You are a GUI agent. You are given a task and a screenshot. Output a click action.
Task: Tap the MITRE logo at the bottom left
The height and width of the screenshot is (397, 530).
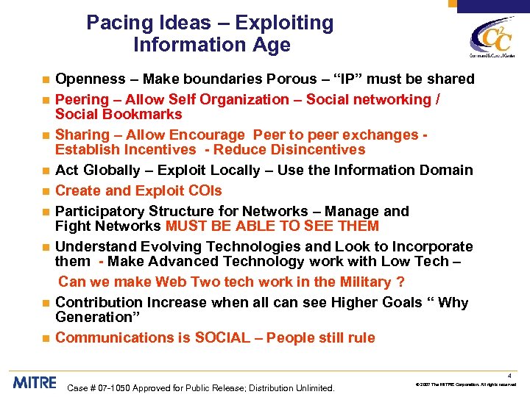pos(34,382)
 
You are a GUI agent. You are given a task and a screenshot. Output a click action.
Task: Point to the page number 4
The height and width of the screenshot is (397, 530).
pos(518,374)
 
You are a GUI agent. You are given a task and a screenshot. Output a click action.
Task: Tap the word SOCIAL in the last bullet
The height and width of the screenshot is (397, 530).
pos(222,337)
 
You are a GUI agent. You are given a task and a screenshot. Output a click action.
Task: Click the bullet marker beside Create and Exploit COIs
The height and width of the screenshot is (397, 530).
pos(46,191)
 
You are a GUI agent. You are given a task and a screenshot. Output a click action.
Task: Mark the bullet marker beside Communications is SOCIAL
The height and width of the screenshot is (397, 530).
pos(46,338)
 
